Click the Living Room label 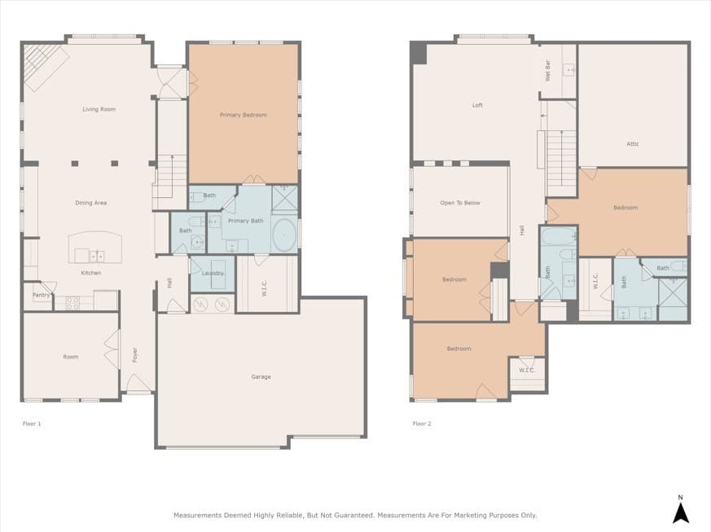[99, 109]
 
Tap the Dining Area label [90, 203]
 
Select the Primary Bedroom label [243, 115]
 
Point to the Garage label [261, 376]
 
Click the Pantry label [41, 295]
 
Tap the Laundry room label [213, 273]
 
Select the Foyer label [135, 355]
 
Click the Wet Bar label [547, 71]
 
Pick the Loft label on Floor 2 [477, 105]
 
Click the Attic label [632, 144]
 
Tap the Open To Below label [460, 203]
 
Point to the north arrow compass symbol [681, 510]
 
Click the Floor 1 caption [32, 424]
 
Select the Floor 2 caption [421, 424]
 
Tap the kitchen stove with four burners [72, 302]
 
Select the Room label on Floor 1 [71, 357]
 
